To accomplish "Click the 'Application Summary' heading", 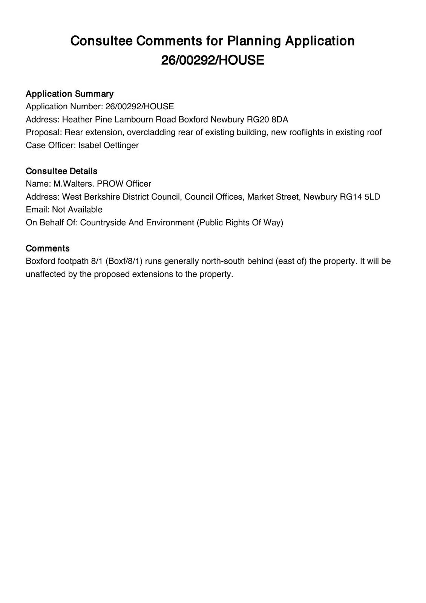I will pos(69,94).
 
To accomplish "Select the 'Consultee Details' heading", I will pos(61,171).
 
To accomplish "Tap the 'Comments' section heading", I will pos(48,248).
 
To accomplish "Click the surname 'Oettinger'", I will pos(121,145).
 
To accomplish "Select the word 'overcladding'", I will pos(152,132).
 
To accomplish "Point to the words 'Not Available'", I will pos(77,210).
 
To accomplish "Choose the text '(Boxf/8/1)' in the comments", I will pos(125,261).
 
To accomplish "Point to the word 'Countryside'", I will pos(103,222).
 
